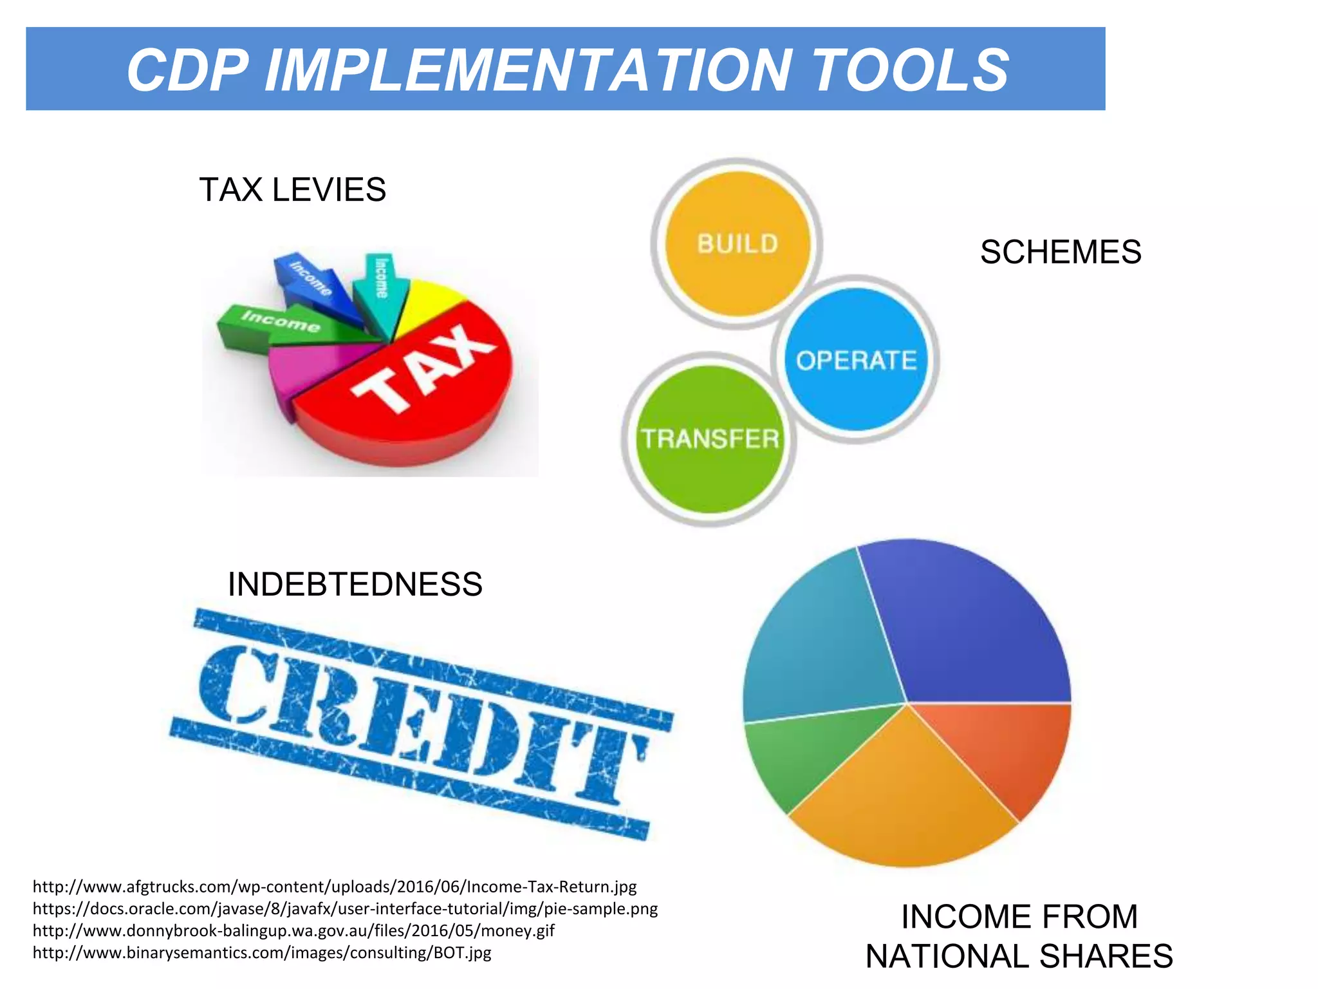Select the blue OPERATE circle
click(x=856, y=359)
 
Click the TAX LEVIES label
click(x=293, y=190)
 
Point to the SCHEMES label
click(x=1061, y=252)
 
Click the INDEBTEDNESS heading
click(x=355, y=585)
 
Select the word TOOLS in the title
click(x=911, y=70)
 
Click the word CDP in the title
click(x=187, y=70)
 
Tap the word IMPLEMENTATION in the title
click(x=528, y=70)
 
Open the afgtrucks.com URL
click(x=335, y=887)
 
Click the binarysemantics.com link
click(x=262, y=952)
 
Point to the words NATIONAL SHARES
click(x=1019, y=956)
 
